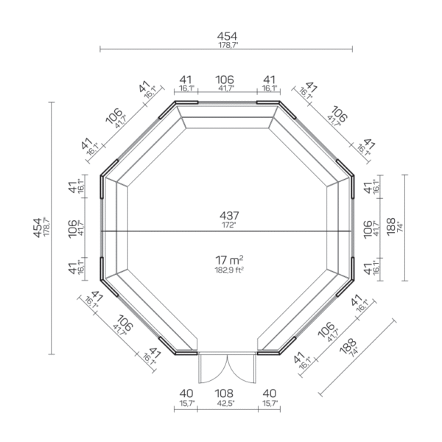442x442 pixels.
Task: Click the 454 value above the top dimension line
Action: pos(226,36)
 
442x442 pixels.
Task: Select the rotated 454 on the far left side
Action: pos(37,228)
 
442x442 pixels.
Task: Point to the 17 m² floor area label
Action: pos(229,259)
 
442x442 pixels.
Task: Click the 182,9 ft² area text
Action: pos(228,270)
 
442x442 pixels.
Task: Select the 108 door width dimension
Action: pos(226,393)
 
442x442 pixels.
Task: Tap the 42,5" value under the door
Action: pos(226,403)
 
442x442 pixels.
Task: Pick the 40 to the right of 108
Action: pos(270,393)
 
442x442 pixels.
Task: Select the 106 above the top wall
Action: pos(225,79)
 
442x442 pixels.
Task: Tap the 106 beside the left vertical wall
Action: pos(71,228)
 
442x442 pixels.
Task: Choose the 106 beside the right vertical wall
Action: pos(368,228)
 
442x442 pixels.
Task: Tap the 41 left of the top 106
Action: pos(186,79)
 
